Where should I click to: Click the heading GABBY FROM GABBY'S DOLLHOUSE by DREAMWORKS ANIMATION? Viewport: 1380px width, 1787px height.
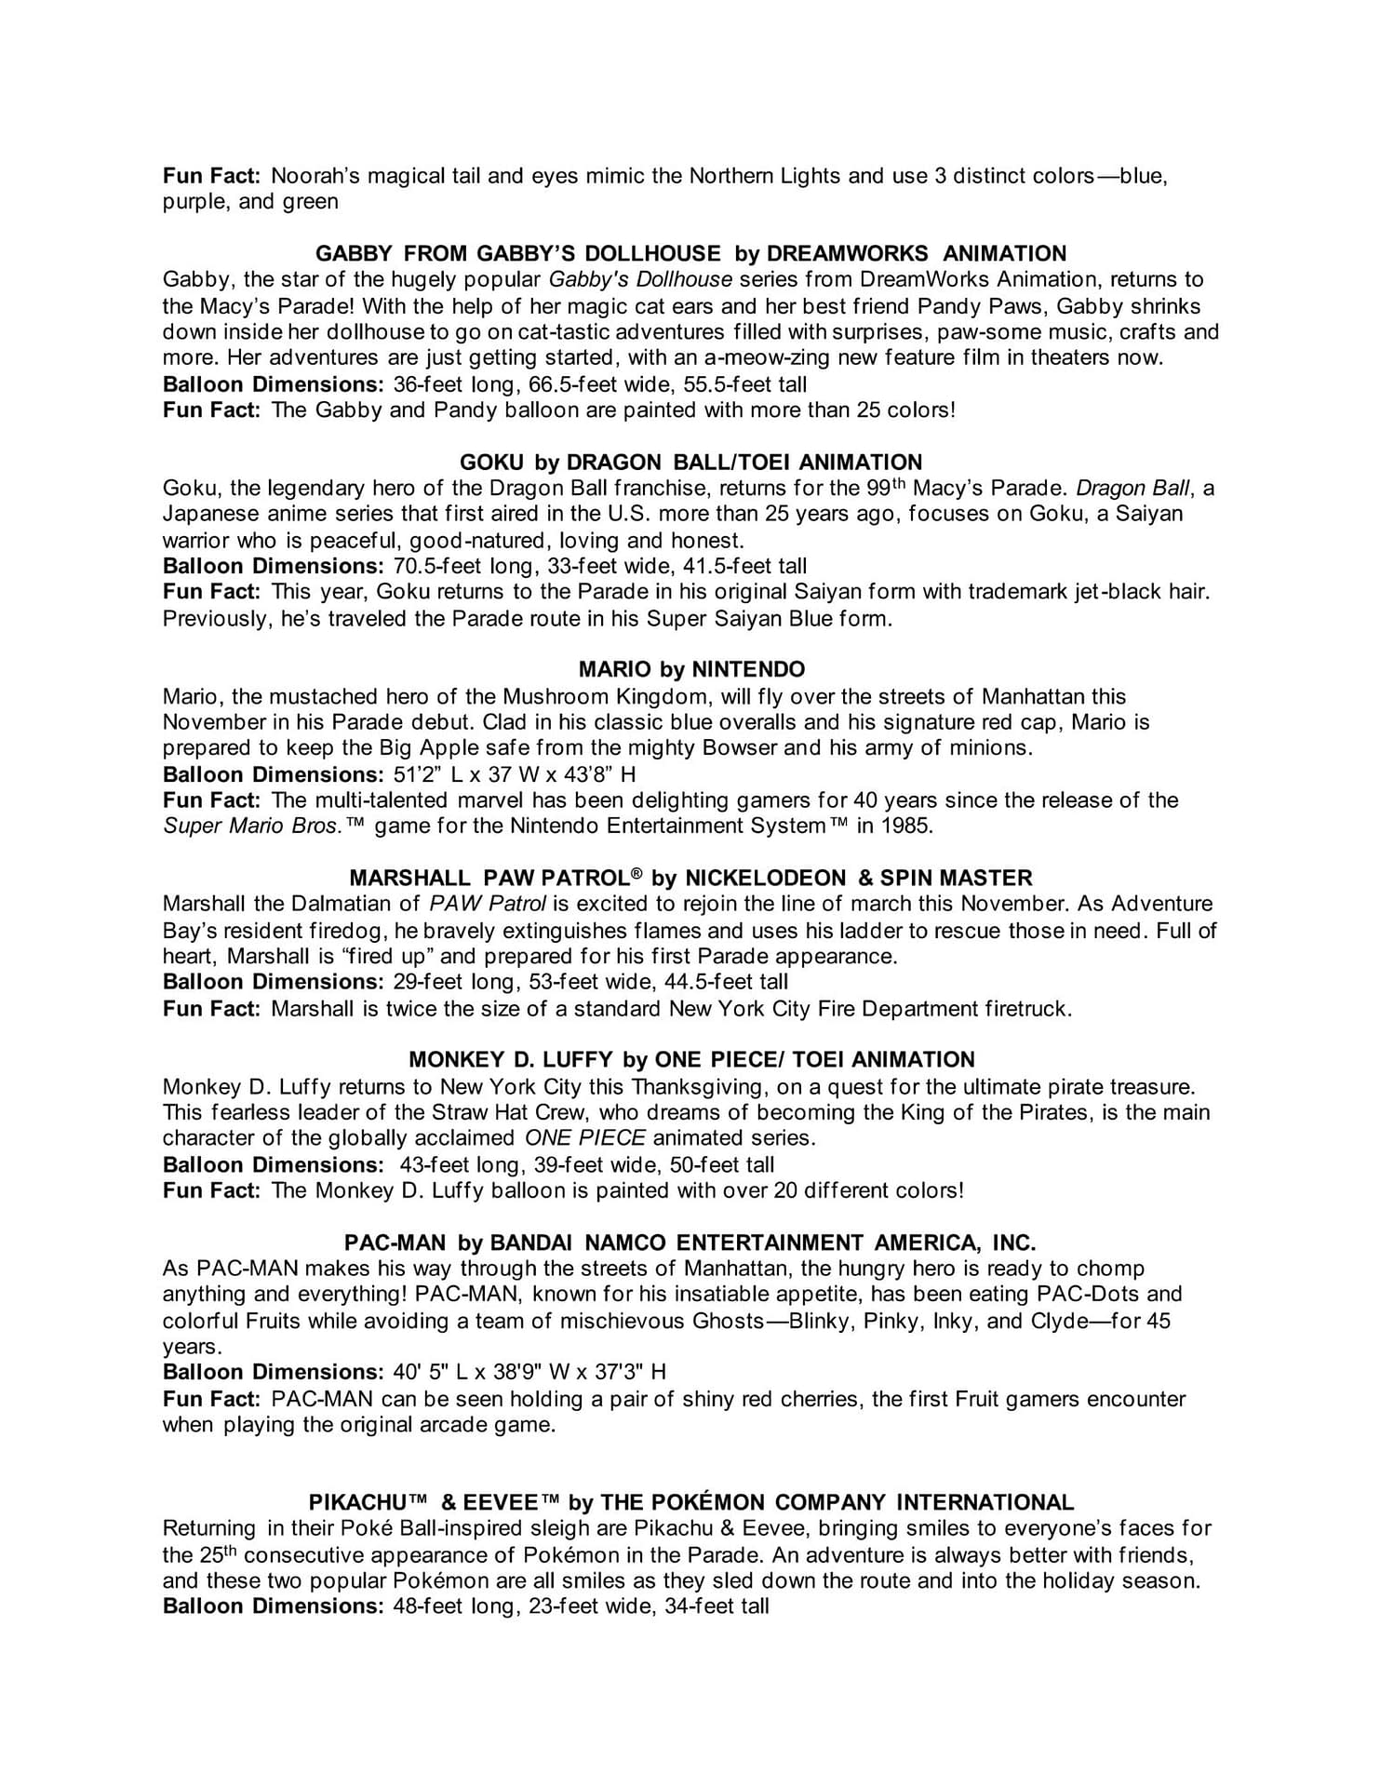(690, 253)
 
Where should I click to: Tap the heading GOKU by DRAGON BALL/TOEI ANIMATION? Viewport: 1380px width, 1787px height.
(690, 462)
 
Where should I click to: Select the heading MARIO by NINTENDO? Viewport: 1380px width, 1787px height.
(691, 669)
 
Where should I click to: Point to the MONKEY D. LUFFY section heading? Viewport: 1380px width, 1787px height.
(691, 1059)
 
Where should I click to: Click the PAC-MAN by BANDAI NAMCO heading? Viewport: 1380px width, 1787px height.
(690, 1243)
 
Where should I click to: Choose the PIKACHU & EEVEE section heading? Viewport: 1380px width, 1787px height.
(690, 1502)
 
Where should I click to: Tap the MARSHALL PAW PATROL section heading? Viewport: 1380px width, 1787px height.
(690, 878)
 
